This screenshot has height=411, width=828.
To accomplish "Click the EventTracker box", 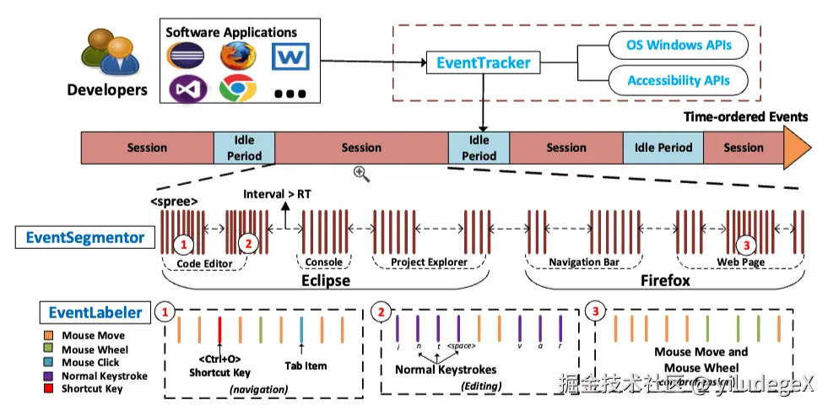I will tap(484, 62).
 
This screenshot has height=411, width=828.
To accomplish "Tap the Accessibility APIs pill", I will tap(679, 81).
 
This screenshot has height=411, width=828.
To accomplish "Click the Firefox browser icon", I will tap(237, 55).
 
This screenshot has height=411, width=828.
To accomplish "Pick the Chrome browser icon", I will tap(237, 89).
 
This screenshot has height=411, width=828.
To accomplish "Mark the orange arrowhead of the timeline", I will tap(798, 147).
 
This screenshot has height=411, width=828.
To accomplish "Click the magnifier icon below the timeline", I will tap(361, 173).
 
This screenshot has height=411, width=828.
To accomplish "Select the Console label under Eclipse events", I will tap(323, 262).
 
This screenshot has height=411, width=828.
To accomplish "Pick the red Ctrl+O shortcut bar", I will tap(220, 330).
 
